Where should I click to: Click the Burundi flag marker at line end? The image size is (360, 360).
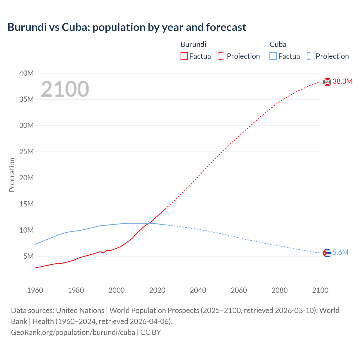pyautogui.click(x=327, y=82)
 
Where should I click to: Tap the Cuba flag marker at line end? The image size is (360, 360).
pyautogui.click(x=327, y=253)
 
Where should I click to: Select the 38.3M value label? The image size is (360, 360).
pyautogui.click(x=342, y=82)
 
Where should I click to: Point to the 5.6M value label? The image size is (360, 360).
pyautogui.click(x=340, y=253)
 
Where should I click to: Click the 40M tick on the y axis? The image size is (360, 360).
pyautogui.click(x=26, y=73)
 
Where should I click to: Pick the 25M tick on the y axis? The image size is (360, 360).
pyautogui.click(x=26, y=152)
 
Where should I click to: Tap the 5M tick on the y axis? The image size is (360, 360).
pyautogui.click(x=28, y=256)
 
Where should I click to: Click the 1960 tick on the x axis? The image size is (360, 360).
pyautogui.click(x=35, y=290)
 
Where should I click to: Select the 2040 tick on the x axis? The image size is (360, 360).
pyautogui.click(x=198, y=290)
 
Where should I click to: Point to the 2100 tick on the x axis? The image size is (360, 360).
pyautogui.click(x=320, y=290)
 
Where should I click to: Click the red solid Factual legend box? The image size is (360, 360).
pyautogui.click(x=184, y=56)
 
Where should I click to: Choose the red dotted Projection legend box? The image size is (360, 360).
pyautogui.click(x=222, y=56)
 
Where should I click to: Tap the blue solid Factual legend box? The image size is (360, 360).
pyautogui.click(x=273, y=56)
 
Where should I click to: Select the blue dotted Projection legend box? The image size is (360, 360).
pyautogui.click(x=310, y=56)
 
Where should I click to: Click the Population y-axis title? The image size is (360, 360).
pyautogui.click(x=12, y=175)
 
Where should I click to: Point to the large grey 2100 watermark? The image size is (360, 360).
pyautogui.click(x=65, y=89)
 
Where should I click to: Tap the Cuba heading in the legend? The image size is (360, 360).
pyautogui.click(x=278, y=44)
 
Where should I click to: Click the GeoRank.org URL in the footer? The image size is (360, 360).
pyautogui.click(x=73, y=332)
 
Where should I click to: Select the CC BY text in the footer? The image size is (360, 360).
pyautogui.click(x=151, y=332)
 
